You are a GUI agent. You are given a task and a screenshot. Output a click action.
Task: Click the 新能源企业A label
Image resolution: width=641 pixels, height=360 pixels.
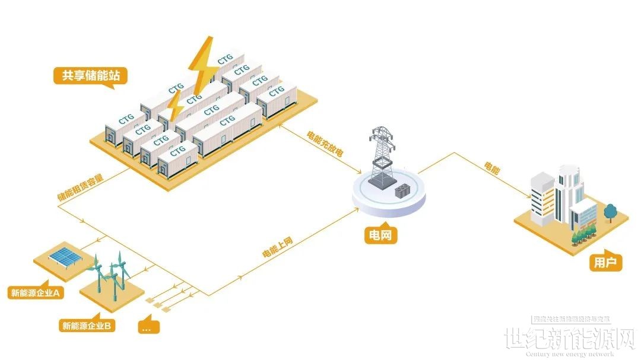[x=36, y=293]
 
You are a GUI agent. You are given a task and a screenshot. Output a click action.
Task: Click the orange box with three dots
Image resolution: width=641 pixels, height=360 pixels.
[x=148, y=327]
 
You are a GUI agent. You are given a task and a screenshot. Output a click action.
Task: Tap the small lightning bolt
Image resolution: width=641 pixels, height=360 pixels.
[x=175, y=107]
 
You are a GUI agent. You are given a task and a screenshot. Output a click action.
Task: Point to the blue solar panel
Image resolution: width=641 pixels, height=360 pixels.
[x=66, y=256]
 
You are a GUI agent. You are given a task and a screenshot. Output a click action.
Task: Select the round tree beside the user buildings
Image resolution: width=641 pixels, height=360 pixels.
[x=610, y=211]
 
